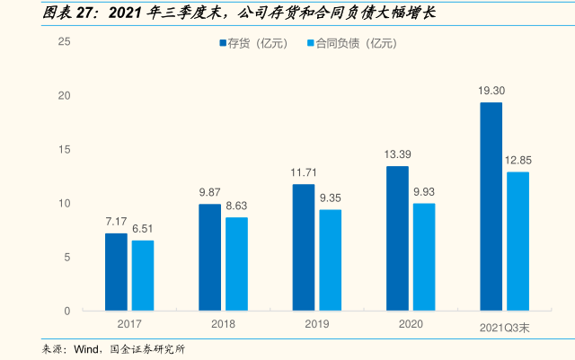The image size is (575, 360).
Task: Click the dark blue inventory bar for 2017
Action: coord(116,272)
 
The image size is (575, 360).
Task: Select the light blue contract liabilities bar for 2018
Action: coord(236,264)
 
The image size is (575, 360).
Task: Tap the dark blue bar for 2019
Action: coord(304,248)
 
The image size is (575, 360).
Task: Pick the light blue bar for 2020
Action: coord(424,257)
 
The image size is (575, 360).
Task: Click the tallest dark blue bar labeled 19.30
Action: coord(491,206)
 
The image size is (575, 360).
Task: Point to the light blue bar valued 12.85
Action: coord(518,241)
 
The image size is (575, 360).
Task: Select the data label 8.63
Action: coord(236,206)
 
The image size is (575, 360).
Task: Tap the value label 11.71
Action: coord(305,171)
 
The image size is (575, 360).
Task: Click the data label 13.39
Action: coord(397,154)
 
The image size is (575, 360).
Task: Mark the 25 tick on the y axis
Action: coord(65,42)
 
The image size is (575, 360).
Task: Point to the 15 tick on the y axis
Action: coord(65,150)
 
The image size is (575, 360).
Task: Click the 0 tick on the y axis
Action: coord(67,312)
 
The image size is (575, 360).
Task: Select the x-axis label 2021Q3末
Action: coord(503,328)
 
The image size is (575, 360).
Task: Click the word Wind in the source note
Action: coord(86,349)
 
